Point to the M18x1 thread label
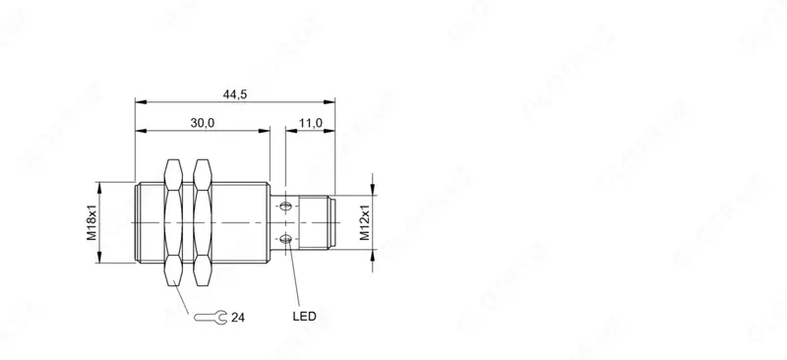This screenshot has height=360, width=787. pyautogui.click(x=91, y=222)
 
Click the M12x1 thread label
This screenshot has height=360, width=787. pyautogui.click(x=363, y=222)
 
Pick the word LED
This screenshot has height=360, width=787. pyautogui.click(x=305, y=317)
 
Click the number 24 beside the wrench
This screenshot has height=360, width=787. pyautogui.click(x=237, y=317)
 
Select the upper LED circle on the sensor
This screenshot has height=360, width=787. pyautogui.click(x=285, y=207)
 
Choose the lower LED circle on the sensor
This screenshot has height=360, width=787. pyautogui.click(x=285, y=239)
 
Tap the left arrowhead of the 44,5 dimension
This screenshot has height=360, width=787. pyautogui.click(x=138, y=100)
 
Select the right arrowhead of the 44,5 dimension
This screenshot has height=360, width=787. pyautogui.click(x=332, y=100)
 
